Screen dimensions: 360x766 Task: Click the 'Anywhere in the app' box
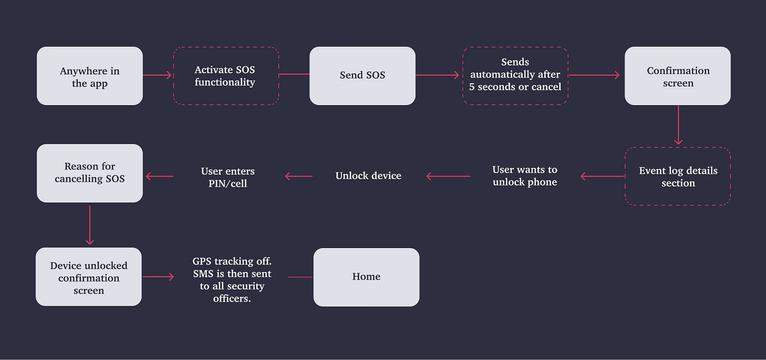tap(90, 76)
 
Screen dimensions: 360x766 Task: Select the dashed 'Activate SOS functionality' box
tap(226, 76)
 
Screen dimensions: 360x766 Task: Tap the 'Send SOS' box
tap(362, 76)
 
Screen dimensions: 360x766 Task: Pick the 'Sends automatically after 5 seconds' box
tap(515, 75)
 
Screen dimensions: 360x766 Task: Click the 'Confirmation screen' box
tap(677, 76)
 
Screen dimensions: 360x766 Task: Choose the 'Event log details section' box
tap(677, 176)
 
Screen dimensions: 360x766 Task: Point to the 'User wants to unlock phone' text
tap(525, 176)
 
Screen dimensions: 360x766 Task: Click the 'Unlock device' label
tap(368, 176)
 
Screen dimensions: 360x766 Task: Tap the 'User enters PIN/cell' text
tap(228, 177)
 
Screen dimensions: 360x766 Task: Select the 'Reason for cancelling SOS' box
tap(90, 173)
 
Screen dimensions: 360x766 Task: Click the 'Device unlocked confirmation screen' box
tap(89, 277)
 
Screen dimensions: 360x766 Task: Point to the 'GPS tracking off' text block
tap(231, 279)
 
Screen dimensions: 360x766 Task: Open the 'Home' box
tap(366, 277)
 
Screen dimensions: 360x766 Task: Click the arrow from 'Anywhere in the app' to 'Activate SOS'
tap(158, 76)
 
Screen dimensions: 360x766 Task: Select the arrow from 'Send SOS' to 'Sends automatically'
tap(438, 76)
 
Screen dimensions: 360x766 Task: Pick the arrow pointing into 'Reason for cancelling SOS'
tap(159, 176)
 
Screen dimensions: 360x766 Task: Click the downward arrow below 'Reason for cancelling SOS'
tap(90, 224)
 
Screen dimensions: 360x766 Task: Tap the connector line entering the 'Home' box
tap(300, 277)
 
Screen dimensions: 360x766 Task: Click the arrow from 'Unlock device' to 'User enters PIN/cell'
tap(299, 176)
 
